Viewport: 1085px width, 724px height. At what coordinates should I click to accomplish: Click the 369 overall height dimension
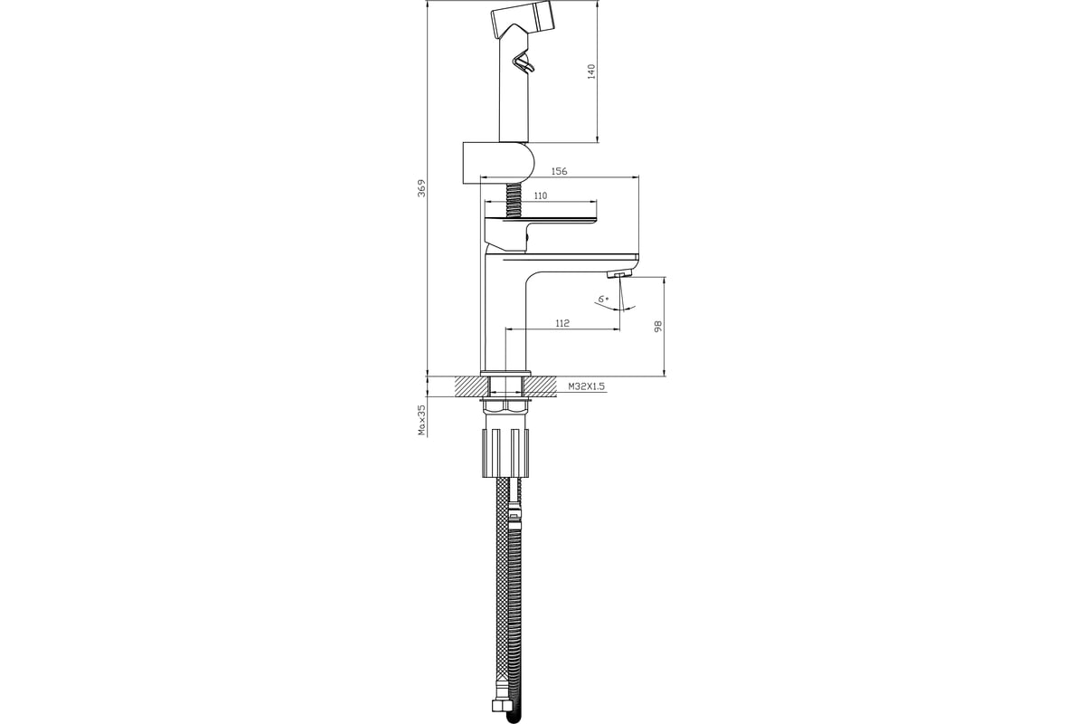[x=422, y=187]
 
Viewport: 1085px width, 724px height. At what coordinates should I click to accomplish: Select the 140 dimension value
[x=591, y=71]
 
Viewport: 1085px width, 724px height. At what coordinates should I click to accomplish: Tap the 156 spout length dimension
[x=559, y=171]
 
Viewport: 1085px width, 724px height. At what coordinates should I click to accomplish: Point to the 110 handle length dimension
[x=541, y=195]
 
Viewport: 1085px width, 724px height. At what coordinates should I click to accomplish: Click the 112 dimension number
[x=561, y=323]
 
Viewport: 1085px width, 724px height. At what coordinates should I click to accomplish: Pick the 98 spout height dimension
[x=657, y=327]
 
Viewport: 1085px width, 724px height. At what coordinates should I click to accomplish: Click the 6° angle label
[x=602, y=299]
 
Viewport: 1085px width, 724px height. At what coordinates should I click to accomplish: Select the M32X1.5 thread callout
[x=587, y=386]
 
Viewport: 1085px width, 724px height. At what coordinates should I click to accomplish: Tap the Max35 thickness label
[x=422, y=420]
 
